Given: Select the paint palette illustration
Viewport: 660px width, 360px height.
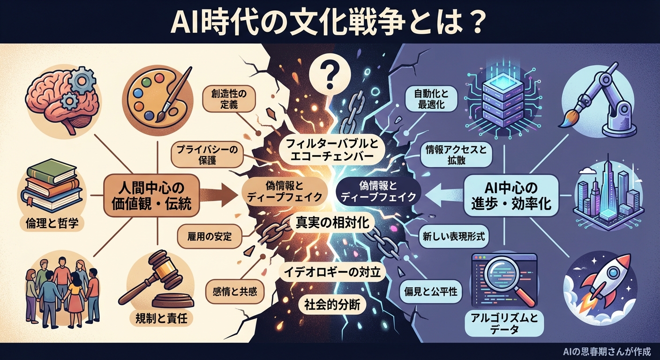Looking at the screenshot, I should (x=155, y=99).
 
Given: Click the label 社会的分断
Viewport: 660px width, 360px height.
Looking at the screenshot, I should (x=329, y=305).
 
